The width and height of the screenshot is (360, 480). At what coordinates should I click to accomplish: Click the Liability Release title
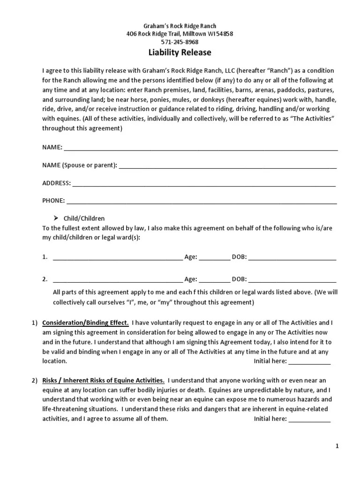tap(180, 52)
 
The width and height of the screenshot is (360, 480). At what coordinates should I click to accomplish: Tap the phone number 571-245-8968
tap(180, 42)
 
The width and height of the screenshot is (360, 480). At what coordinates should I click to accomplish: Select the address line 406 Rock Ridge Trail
tap(180, 34)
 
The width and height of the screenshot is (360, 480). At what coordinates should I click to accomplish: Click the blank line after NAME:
tap(201, 148)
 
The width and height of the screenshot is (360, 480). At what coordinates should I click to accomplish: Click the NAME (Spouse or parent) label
tap(80, 165)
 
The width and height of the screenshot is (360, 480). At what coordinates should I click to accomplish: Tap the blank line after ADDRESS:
tap(204, 184)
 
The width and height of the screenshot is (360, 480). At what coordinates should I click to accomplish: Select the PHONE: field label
tap(53, 201)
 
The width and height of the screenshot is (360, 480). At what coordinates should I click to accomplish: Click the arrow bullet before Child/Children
tap(55, 218)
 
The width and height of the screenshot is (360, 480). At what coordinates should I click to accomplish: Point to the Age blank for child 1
tap(215, 257)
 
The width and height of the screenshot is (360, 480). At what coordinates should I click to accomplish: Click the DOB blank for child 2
tap(292, 280)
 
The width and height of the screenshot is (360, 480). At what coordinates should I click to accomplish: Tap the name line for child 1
tap(118, 257)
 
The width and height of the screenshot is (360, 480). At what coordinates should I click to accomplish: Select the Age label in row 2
tap(191, 279)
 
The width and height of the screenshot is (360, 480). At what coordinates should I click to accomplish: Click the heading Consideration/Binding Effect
tap(85, 323)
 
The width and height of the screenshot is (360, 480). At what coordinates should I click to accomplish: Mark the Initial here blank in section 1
tap(309, 362)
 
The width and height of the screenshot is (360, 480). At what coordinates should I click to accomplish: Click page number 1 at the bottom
tap(337, 446)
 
